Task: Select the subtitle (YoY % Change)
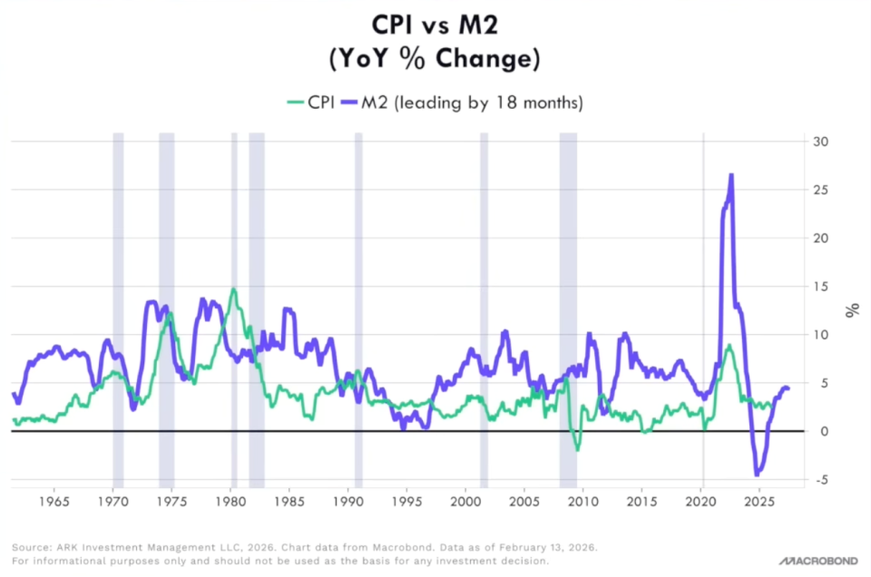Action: [435, 60]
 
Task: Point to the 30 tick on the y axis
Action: [821, 142]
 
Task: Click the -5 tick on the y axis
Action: [821, 480]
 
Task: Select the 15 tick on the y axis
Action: [821, 287]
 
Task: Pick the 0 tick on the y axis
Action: [821, 432]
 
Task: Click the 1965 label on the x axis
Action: [54, 501]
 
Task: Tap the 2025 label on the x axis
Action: [760, 501]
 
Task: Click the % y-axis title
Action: [851, 310]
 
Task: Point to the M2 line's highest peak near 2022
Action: [731, 175]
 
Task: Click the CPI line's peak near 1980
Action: [233, 289]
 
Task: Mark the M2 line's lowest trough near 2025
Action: [757, 474]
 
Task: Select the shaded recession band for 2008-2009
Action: [568, 308]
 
